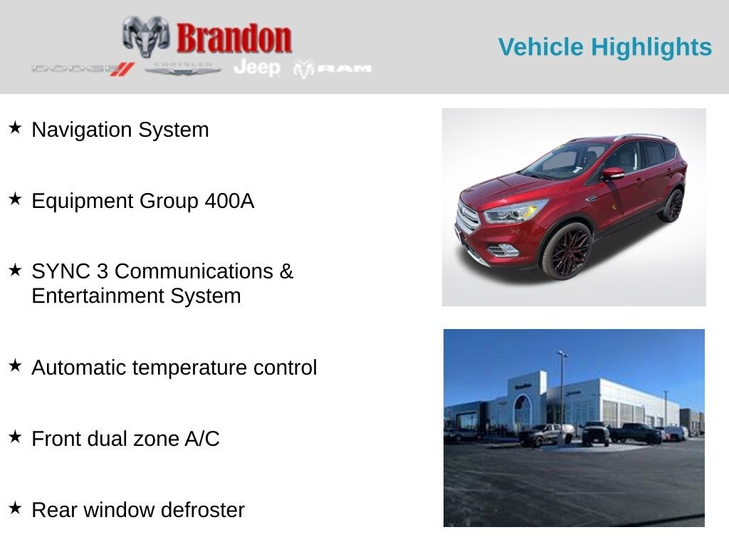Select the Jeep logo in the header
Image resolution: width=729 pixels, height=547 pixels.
click(257, 68)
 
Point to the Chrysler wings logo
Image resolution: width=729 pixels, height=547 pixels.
click(183, 69)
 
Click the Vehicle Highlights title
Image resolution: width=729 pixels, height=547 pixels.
click(604, 47)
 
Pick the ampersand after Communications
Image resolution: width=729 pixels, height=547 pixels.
click(286, 271)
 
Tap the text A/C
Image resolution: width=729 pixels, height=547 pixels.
click(201, 439)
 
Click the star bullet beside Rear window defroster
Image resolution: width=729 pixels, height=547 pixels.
click(15, 508)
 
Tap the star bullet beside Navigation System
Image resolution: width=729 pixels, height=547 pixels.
click(15, 128)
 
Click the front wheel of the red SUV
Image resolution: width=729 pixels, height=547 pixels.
click(567, 251)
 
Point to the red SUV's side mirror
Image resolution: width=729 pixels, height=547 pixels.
click(612, 173)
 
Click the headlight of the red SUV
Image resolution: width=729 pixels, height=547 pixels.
click(515, 212)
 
